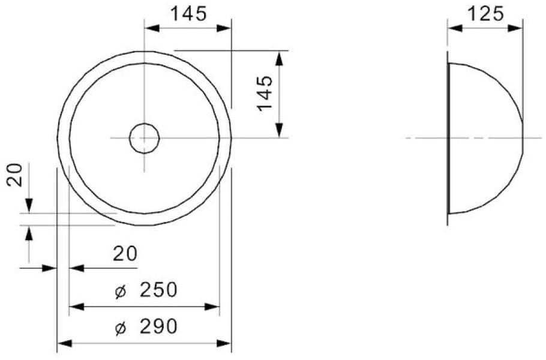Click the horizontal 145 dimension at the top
click(188, 13)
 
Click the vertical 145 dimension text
click(265, 93)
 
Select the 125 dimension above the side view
click(485, 13)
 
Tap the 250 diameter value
click(158, 290)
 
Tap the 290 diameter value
click(158, 327)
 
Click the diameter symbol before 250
click(120, 291)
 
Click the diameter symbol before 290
click(120, 328)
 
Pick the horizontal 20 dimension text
click(125, 254)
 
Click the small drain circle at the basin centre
click(144, 138)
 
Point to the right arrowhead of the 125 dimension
click(515, 28)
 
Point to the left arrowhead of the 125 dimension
click(455, 28)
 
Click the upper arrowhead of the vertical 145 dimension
click(279, 58)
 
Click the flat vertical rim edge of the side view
click(449, 138)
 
